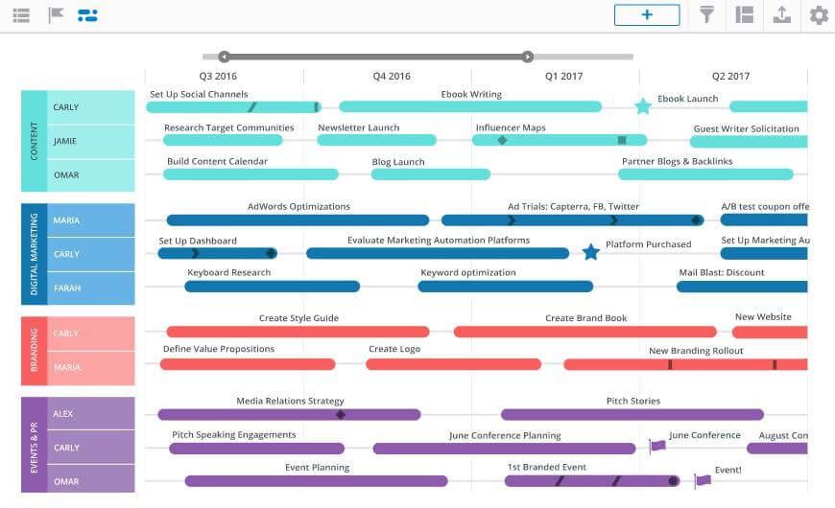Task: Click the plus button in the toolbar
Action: click(x=647, y=15)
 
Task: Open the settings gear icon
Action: click(x=819, y=15)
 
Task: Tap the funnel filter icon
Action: click(x=706, y=15)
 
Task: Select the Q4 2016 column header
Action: click(x=392, y=76)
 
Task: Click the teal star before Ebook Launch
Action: click(x=643, y=106)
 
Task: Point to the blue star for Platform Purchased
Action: click(x=590, y=252)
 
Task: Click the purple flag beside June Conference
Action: click(x=657, y=446)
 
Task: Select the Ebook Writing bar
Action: click(x=470, y=107)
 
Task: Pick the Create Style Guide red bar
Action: click(x=298, y=332)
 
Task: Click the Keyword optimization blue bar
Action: click(x=506, y=287)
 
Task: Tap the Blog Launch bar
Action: click(x=430, y=174)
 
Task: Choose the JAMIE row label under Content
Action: click(x=65, y=141)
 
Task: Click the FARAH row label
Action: click(x=67, y=288)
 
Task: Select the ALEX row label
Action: click(x=62, y=413)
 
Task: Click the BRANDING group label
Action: click(x=35, y=350)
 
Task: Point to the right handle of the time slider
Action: click(x=527, y=57)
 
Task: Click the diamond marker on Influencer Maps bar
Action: click(x=502, y=141)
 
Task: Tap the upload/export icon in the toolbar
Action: click(x=782, y=15)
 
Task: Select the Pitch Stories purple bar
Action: click(x=632, y=414)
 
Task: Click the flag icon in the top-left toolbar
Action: click(x=56, y=15)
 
